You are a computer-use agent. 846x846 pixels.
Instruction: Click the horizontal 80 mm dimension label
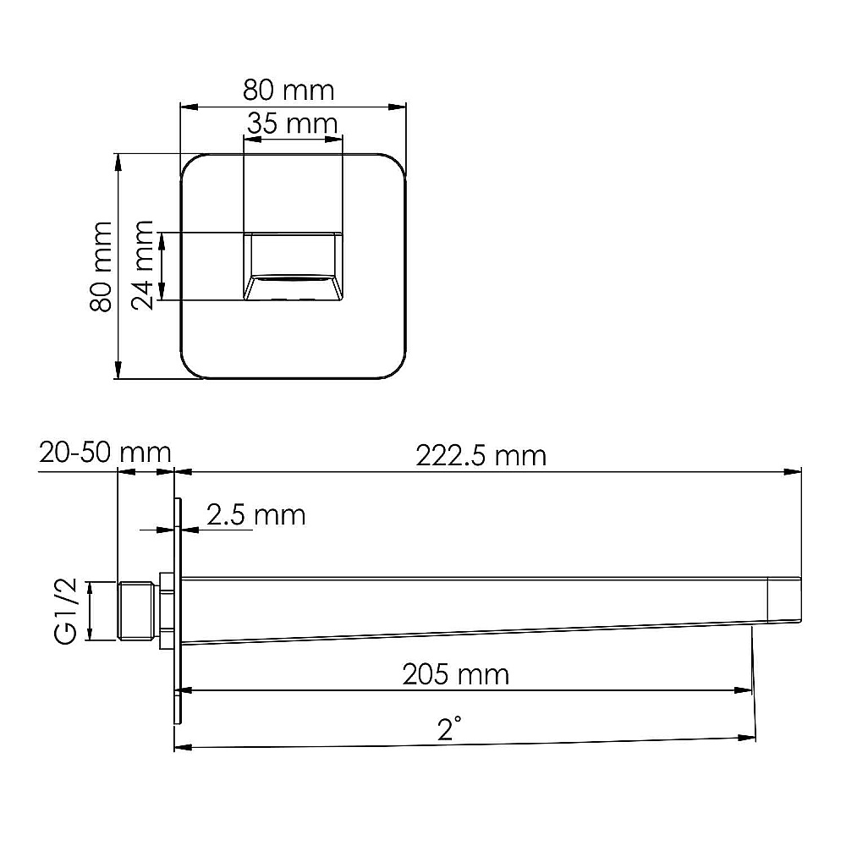(288, 91)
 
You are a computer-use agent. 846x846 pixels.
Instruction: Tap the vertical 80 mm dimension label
(101, 266)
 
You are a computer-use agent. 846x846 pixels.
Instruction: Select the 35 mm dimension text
(292, 124)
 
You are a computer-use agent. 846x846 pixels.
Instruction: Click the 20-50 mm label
(105, 453)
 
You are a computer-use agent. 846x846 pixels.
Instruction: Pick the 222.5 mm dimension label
(481, 456)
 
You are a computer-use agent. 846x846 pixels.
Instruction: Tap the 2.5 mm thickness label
(255, 515)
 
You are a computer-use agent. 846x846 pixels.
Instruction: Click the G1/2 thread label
(66, 611)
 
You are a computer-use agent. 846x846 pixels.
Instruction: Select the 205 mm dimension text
(455, 675)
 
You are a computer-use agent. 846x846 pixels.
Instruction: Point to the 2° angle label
(449, 728)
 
